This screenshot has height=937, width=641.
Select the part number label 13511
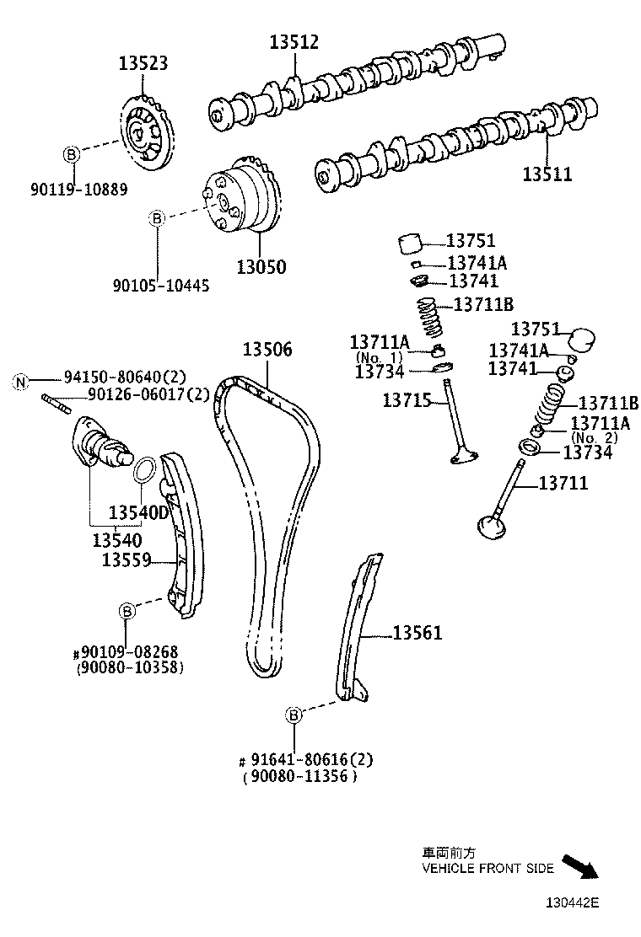547,174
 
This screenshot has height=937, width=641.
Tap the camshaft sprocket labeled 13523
146,135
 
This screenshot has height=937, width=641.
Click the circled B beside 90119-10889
72,154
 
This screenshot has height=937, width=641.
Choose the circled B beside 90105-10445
156,218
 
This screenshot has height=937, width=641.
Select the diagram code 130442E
570,902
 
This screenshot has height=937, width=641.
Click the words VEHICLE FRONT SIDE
488,868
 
